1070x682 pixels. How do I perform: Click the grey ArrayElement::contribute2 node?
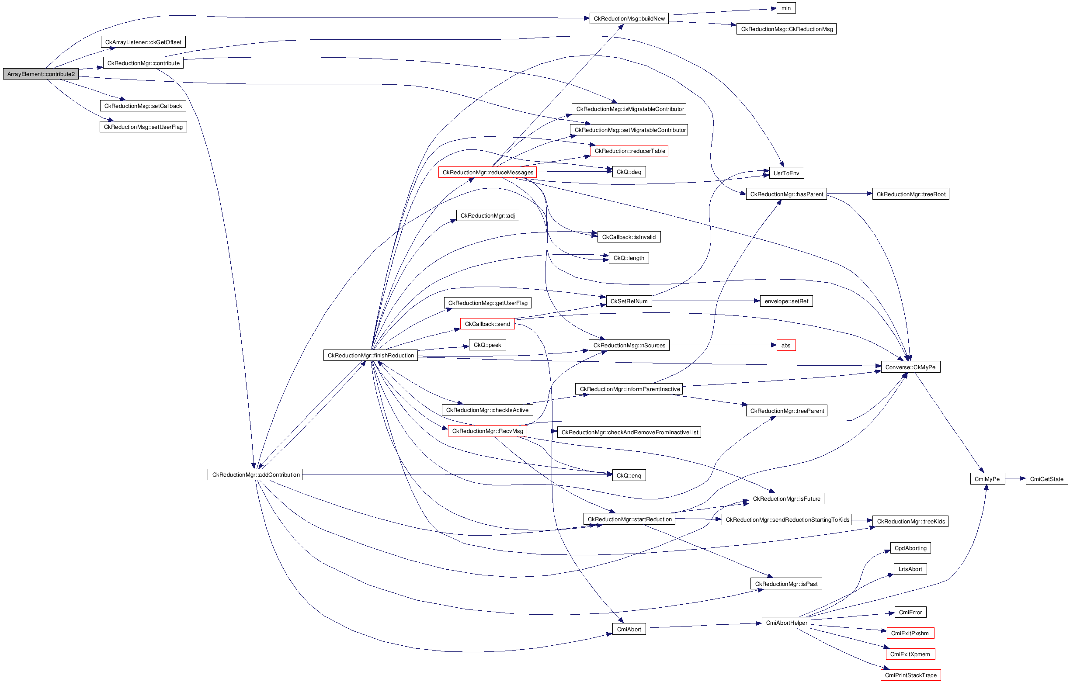click(x=41, y=74)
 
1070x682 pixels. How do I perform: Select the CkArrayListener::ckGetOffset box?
click(x=143, y=42)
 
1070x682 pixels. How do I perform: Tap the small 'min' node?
click(x=785, y=8)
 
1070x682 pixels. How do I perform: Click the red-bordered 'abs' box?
click(x=785, y=345)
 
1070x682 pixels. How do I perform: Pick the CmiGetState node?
click(x=1046, y=479)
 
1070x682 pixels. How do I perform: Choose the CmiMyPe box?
click(x=987, y=479)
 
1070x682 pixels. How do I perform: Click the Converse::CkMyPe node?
click(x=910, y=367)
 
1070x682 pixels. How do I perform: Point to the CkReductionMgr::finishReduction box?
click(x=371, y=356)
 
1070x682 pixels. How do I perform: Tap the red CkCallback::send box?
click(x=487, y=324)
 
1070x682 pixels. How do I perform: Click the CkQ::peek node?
click(x=487, y=345)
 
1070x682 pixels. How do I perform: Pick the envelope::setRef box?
click(x=786, y=301)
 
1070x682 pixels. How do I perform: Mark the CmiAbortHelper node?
click(x=786, y=623)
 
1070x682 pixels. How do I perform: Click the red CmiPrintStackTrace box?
click(x=910, y=675)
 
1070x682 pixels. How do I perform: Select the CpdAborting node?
click(x=910, y=548)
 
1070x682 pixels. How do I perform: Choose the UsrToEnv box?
click(x=786, y=173)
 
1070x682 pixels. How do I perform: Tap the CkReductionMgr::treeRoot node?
click(x=910, y=194)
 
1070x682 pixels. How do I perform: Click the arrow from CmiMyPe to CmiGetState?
click(x=1015, y=478)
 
